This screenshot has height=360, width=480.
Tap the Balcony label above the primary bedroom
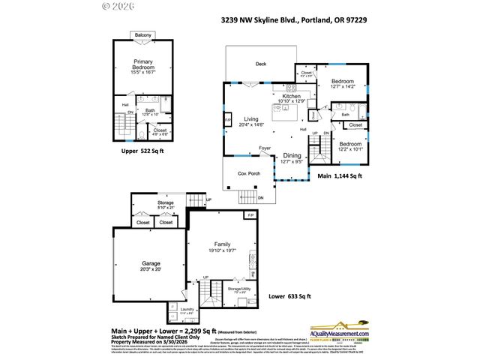(143, 35)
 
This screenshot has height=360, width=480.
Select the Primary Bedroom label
(143, 64)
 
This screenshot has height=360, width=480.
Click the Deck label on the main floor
(261, 64)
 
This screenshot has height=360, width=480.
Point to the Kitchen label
(291, 97)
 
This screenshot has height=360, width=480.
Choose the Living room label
(251, 119)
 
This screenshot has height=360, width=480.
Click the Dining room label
(292, 156)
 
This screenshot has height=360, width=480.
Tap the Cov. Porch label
(248, 173)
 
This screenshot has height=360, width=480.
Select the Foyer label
(265, 148)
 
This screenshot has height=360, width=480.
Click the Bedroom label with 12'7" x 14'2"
(343, 81)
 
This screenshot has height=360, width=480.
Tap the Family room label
(222, 244)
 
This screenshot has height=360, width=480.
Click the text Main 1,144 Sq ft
(340, 176)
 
